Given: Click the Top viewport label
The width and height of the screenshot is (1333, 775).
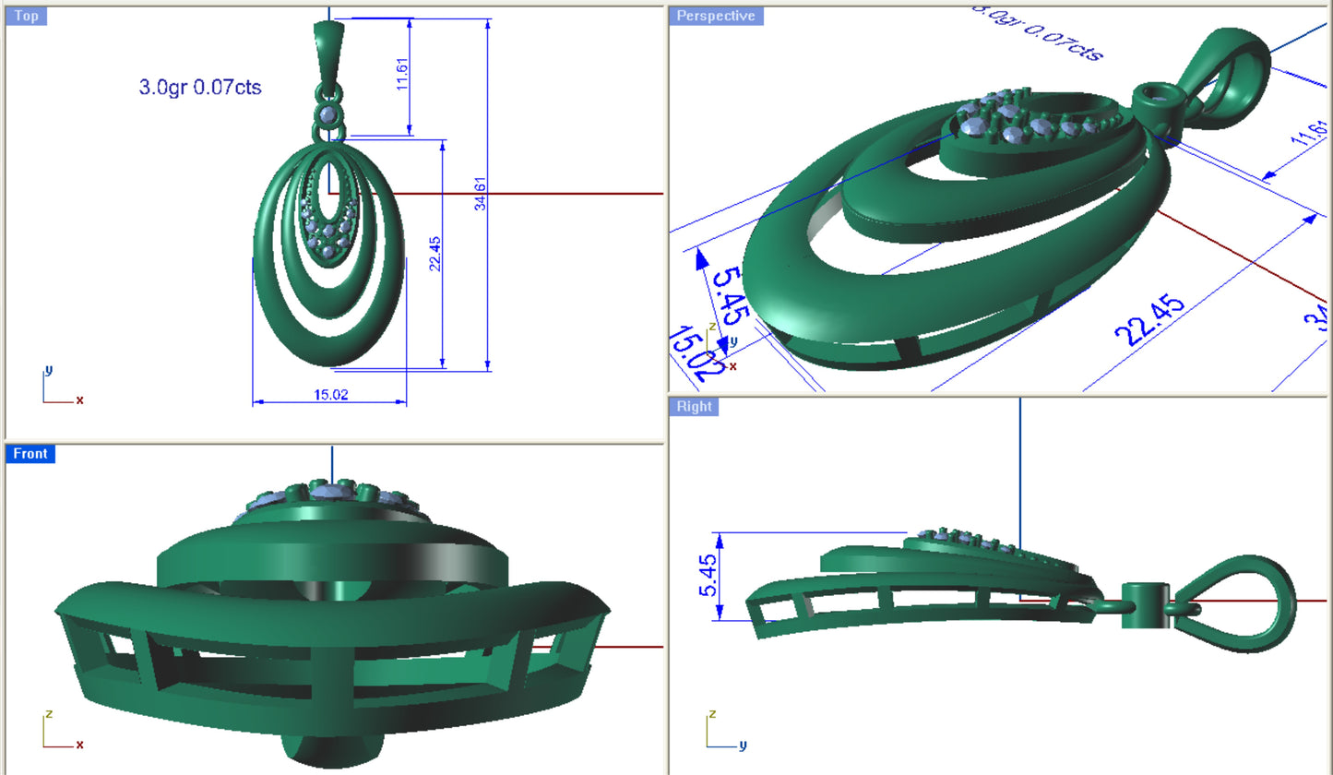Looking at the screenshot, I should coord(27,16).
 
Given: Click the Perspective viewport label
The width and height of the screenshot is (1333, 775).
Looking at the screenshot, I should coord(715,16).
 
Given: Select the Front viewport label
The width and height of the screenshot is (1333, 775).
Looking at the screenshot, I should coord(30,453).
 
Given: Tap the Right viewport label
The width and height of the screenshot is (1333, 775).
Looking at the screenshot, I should coord(694,406).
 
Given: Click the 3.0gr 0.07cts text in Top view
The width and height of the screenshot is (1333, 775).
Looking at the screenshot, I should coord(200,88).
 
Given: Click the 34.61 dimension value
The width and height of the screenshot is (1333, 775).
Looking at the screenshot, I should coord(481,192).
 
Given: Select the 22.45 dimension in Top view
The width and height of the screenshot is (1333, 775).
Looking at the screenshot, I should coord(435,253).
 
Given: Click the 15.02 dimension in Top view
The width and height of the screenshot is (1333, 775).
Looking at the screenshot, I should coord(330,395).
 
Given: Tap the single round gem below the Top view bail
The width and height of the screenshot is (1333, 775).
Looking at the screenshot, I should coord(327,114).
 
